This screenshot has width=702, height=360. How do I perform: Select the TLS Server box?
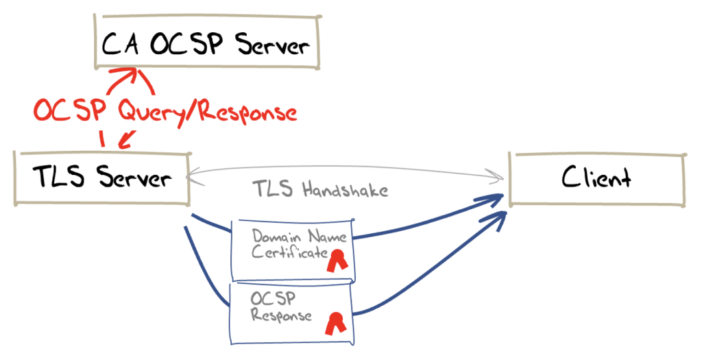102,178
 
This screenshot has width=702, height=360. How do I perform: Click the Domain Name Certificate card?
293,250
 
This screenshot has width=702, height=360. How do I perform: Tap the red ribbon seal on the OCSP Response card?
335,322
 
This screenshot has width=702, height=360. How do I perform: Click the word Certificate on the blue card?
289,254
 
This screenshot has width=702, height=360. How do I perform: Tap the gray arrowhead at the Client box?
500,179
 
